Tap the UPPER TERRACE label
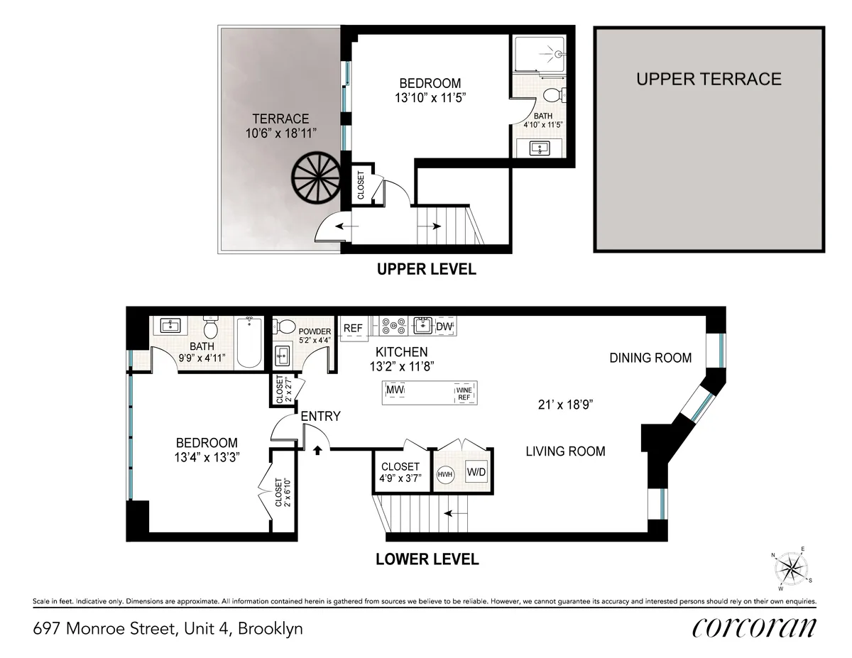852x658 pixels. (x=709, y=79)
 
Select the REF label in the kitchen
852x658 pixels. (x=353, y=328)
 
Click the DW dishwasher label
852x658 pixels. (x=444, y=327)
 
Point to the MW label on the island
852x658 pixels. (x=395, y=391)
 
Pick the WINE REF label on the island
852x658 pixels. (x=464, y=394)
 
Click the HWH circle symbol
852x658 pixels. (x=445, y=473)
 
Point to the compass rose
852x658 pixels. (x=790, y=568)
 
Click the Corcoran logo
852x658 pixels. (x=753, y=627)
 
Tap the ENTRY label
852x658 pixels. (x=320, y=417)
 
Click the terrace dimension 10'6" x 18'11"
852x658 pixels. (x=281, y=132)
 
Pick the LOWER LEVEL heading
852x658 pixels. (x=427, y=559)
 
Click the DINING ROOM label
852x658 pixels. (x=650, y=358)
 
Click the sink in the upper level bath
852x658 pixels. (x=540, y=148)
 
